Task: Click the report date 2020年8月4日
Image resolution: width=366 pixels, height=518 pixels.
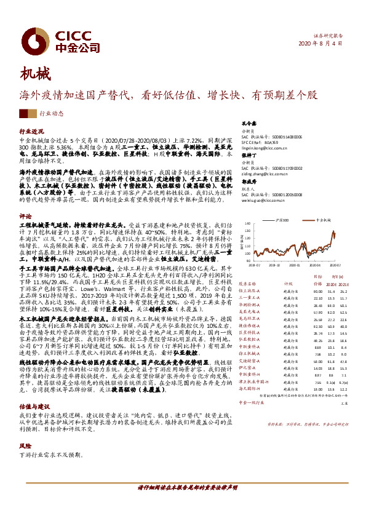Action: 336,44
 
